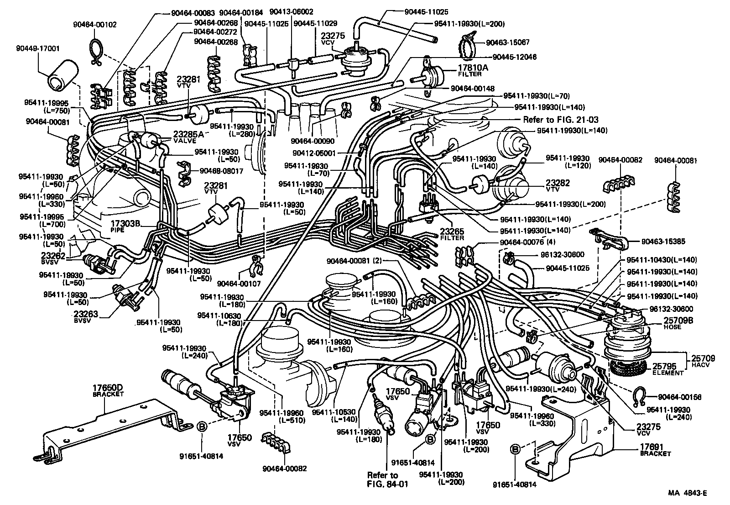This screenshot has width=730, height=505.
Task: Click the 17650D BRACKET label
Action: pos(108,390)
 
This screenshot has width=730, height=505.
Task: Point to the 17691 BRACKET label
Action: pos(655,450)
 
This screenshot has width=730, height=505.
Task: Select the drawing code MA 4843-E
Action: pos(688,493)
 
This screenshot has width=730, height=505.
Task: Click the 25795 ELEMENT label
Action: pos(667,369)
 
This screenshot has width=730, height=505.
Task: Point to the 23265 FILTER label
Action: pos(452,234)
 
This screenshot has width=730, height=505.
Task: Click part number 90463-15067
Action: pos(507,42)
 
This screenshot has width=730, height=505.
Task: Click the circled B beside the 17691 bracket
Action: pos(515,450)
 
